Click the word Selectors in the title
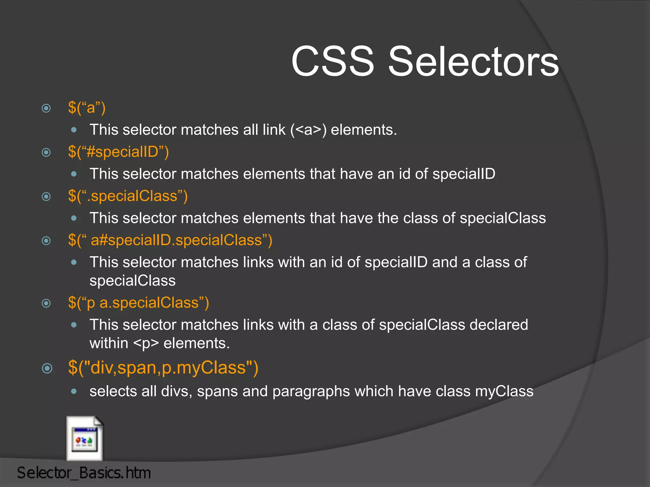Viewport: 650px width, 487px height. click(x=473, y=61)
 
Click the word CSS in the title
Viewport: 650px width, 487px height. click(x=333, y=61)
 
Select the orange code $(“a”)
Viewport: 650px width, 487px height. click(x=87, y=107)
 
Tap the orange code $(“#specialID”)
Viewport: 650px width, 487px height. click(x=118, y=152)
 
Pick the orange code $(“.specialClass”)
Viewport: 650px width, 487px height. click(x=128, y=196)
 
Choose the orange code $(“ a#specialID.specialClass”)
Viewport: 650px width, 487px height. click(x=170, y=240)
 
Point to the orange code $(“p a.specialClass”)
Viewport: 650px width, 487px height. click(x=138, y=302)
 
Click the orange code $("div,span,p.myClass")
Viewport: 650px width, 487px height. click(x=163, y=368)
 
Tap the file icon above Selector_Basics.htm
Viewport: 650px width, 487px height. click(x=84, y=438)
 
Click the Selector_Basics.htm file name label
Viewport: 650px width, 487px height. click(x=84, y=473)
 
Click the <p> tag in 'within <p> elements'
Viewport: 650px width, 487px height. click(x=146, y=343)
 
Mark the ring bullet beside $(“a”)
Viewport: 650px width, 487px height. click(x=46, y=108)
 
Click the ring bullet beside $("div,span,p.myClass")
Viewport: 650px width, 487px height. click(x=47, y=368)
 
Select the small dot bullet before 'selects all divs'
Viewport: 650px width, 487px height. click(x=74, y=392)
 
